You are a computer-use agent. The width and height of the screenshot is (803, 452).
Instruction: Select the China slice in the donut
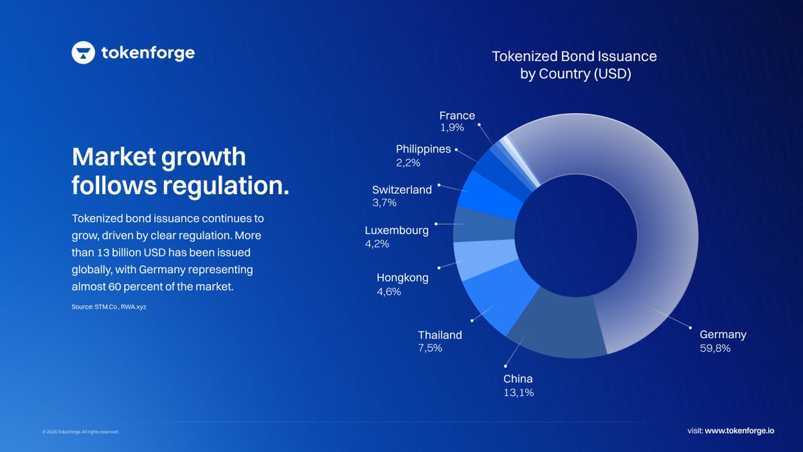(556, 325)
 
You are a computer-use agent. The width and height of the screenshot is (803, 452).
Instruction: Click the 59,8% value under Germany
(715, 348)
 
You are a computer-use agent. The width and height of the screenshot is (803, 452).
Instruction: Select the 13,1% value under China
(518, 393)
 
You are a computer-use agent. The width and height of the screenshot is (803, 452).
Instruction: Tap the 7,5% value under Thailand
(430, 348)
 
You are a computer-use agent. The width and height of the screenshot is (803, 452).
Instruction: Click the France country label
(457, 116)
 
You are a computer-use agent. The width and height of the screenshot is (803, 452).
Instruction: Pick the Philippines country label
(423, 149)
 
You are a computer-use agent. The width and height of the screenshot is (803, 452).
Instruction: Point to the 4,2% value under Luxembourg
(376, 244)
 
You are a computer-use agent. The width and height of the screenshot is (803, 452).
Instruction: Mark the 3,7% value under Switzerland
(384, 202)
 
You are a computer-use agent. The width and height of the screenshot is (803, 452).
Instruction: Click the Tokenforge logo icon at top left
(83, 52)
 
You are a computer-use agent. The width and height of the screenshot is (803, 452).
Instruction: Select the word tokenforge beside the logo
(148, 53)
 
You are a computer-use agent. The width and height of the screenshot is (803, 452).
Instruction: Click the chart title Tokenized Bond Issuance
(574, 56)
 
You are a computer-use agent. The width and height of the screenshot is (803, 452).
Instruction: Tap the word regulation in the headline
(226, 185)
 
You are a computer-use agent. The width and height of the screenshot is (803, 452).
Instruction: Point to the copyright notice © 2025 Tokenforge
(80, 432)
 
